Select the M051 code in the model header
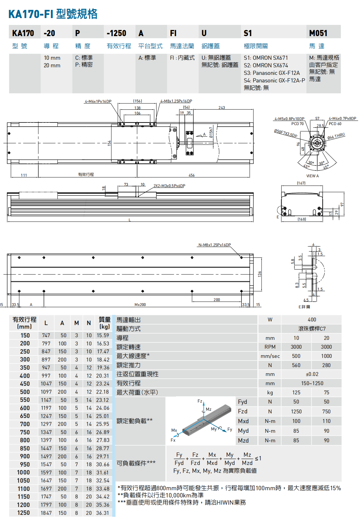pos(318,33)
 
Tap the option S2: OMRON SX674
pos(265,65)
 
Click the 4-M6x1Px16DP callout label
pos(98,101)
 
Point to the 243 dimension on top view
pos(222,108)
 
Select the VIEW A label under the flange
pos(312,176)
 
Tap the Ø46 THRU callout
pos(336,136)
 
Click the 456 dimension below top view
pos(192,175)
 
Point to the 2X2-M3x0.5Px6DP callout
pos(169,186)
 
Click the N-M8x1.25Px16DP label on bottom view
pos(214,245)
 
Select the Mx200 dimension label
pos(140,305)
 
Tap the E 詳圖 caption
pos(304,307)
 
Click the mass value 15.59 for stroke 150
pos(103,336)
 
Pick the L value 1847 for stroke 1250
pos(46,513)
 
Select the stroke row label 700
pos(25,424)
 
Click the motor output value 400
pos(312,320)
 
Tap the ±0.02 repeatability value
pos(312,374)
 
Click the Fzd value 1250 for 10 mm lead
pos(296,412)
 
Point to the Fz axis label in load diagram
pos(200,401)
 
